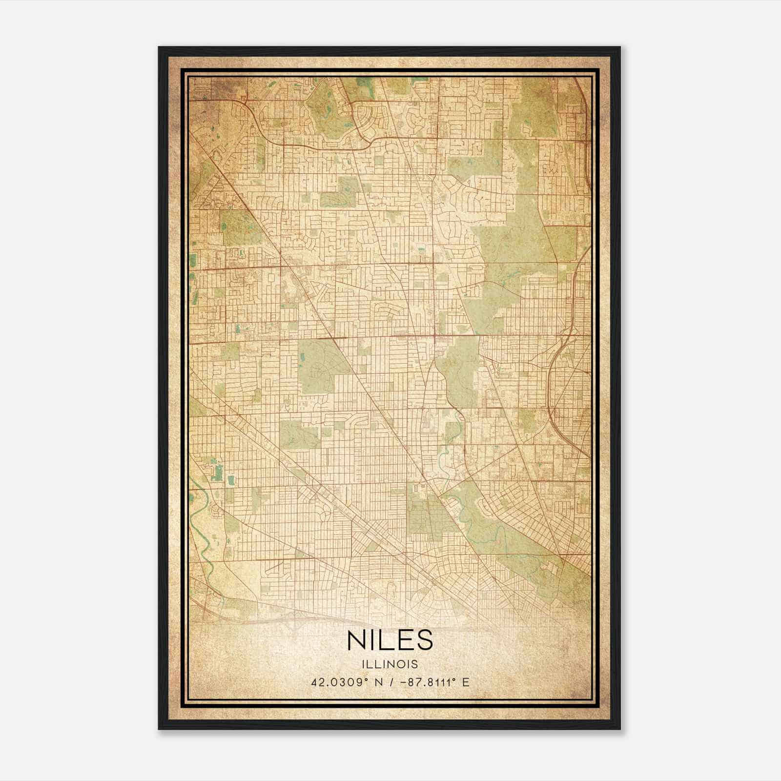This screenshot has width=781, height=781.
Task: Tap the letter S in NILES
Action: click(x=423, y=640)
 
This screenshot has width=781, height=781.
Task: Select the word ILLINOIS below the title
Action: click(x=390, y=664)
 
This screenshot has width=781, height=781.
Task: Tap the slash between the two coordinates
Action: click(x=390, y=682)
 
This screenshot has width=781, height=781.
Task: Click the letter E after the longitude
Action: click(x=466, y=682)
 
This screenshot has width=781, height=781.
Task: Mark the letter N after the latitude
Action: click(x=377, y=682)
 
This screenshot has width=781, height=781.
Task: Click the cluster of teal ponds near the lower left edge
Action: click(x=216, y=471)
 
